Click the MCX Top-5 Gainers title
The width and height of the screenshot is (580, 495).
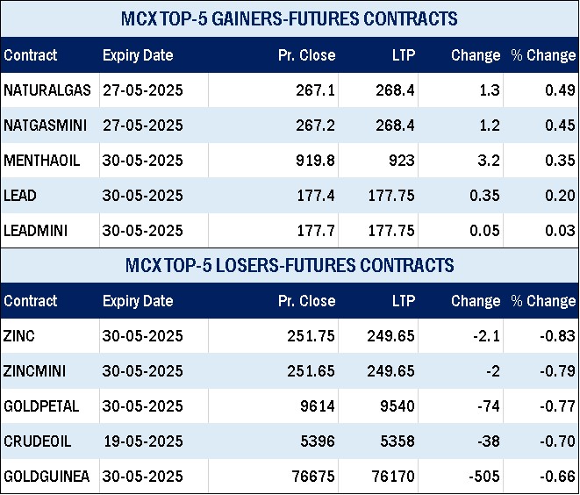click(290, 18)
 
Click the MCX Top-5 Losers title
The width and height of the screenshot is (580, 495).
click(290, 265)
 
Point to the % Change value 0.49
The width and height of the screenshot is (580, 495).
click(561, 90)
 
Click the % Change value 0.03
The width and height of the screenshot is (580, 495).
click(561, 231)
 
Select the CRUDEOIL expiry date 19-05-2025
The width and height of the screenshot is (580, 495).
click(143, 441)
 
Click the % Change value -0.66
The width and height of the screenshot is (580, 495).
click(558, 477)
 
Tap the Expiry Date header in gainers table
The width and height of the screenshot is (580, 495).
click(138, 55)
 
